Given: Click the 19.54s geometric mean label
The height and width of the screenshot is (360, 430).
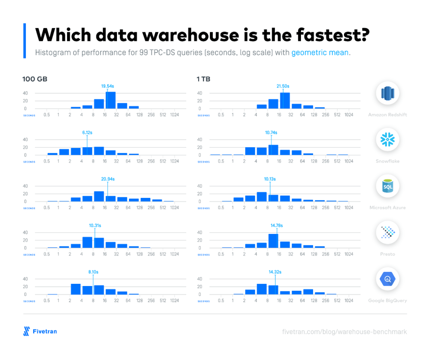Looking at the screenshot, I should pos(107,86).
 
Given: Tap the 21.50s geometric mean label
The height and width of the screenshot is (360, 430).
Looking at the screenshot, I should pos(283,86).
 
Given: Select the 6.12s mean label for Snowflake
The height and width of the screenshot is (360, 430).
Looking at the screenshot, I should pos(87,133).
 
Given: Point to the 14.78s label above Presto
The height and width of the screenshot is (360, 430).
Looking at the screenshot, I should pos(277,225).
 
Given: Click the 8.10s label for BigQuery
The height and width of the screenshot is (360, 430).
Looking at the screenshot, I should pos(93,271).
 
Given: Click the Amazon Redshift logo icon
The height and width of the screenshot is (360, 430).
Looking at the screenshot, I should pos(387,93).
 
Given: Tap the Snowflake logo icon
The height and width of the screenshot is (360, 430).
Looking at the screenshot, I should pos(387,139).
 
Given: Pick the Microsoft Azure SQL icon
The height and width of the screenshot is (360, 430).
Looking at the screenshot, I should pos(387,186).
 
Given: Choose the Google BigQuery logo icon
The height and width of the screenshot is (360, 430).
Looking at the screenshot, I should pos(387,279).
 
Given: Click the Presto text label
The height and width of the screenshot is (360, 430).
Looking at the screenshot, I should pos(387,254).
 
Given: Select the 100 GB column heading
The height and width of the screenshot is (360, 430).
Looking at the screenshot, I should pos(35,79).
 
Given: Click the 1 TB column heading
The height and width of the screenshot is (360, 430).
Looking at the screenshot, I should pos(203,79).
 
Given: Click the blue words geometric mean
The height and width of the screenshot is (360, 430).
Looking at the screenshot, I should pos(320,53).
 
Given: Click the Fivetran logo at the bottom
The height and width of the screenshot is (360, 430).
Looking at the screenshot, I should pos(40,331).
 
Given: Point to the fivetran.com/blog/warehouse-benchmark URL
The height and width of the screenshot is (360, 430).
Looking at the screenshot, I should pos(344,332).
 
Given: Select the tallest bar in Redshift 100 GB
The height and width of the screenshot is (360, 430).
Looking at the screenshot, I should pos(111,100).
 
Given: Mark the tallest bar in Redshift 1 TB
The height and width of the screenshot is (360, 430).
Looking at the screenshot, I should pos(285,101).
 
